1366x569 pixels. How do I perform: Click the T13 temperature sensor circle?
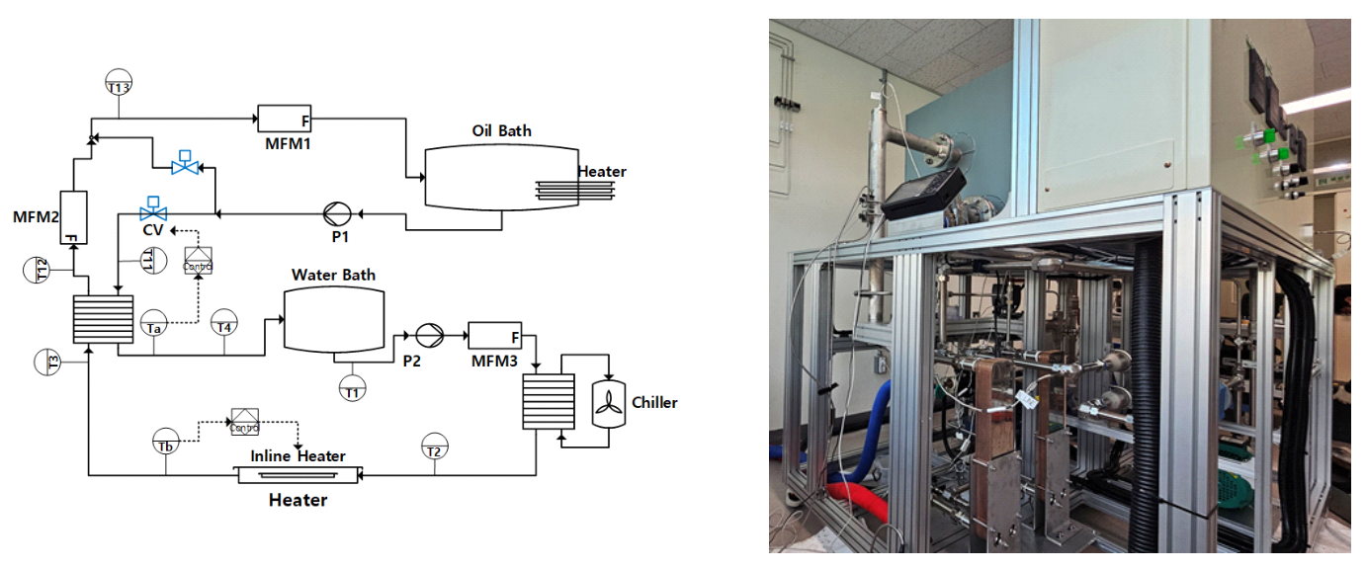point(118,82)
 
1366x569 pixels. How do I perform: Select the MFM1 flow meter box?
point(285,119)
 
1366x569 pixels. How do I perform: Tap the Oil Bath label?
point(501,131)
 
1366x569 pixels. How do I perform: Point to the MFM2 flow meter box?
point(75,217)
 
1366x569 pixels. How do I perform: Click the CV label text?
point(152,230)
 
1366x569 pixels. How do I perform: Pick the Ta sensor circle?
point(153,325)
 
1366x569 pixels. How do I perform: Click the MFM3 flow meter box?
point(494,336)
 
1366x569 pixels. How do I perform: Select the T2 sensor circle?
point(433,447)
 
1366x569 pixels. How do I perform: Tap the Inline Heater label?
point(297,456)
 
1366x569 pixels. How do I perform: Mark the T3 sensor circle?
point(47,362)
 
